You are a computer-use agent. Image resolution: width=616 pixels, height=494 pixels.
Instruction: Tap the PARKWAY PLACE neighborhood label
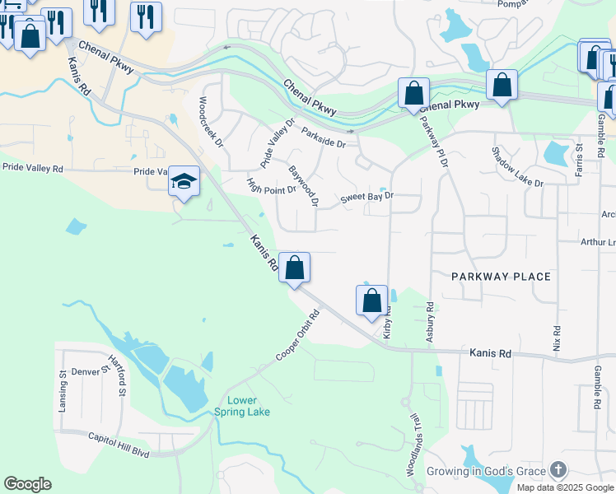pyautogui.click(x=501, y=277)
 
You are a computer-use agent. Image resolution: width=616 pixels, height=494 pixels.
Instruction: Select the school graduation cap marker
pyautogui.click(x=184, y=181)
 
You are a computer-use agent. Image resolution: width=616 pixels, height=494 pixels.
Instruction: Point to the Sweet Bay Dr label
pyautogui.click(x=368, y=198)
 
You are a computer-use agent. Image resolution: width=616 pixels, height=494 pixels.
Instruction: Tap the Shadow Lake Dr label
pyautogui.click(x=517, y=166)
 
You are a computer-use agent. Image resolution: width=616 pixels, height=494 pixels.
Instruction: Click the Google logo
pyautogui.click(x=27, y=484)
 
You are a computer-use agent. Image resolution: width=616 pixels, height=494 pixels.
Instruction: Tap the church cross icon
pyautogui.click(x=558, y=470)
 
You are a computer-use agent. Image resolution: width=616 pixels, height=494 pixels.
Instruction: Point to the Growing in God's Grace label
pyautogui.click(x=486, y=472)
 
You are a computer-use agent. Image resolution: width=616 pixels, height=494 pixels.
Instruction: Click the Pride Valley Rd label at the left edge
pyautogui.click(x=32, y=168)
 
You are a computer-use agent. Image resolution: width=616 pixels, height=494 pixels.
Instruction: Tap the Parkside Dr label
pyautogui.click(x=324, y=137)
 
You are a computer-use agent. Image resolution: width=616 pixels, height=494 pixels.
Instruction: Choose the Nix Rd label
pyautogui.click(x=557, y=339)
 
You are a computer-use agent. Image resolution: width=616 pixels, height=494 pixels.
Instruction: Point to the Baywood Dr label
pyautogui.click(x=303, y=185)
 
